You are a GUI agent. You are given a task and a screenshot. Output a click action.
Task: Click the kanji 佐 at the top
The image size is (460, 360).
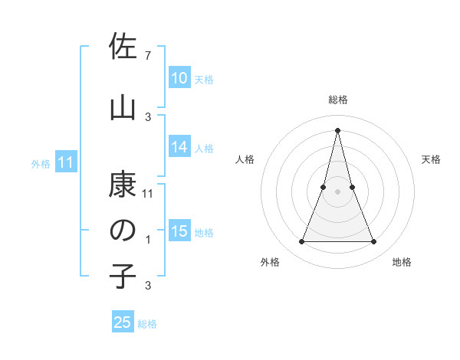[123, 48]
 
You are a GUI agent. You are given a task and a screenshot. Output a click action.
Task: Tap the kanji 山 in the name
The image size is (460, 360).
[123, 107]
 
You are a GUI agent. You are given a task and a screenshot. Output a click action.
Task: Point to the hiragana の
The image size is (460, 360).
[123, 230]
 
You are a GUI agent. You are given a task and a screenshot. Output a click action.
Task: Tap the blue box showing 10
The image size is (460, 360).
[179, 78]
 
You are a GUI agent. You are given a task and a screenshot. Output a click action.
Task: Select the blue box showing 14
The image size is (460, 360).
[179, 148]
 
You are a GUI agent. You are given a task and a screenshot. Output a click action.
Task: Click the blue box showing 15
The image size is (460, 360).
[179, 232]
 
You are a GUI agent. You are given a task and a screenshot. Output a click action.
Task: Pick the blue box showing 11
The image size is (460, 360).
[66, 162]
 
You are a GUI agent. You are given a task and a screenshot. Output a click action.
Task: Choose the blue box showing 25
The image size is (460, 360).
[123, 322]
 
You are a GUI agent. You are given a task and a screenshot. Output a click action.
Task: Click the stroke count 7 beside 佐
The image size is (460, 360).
[147, 55]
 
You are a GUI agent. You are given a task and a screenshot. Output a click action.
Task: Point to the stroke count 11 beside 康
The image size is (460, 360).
[148, 194]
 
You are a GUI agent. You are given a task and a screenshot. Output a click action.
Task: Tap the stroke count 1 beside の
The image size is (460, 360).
[147, 240]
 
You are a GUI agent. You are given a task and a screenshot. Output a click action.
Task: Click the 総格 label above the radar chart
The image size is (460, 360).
[338, 100]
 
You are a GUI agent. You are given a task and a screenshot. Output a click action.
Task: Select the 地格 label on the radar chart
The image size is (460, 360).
[402, 262]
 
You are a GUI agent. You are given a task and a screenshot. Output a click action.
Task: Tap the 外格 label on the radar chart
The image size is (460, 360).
[270, 262]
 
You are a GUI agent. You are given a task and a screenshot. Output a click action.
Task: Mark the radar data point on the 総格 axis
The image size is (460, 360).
[337, 130]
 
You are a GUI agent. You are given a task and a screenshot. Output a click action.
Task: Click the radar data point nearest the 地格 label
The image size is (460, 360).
[374, 242]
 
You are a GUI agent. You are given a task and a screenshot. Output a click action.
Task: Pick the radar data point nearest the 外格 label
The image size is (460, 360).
[301, 242]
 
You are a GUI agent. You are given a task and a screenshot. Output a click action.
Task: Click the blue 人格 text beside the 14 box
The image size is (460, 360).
[204, 149]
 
